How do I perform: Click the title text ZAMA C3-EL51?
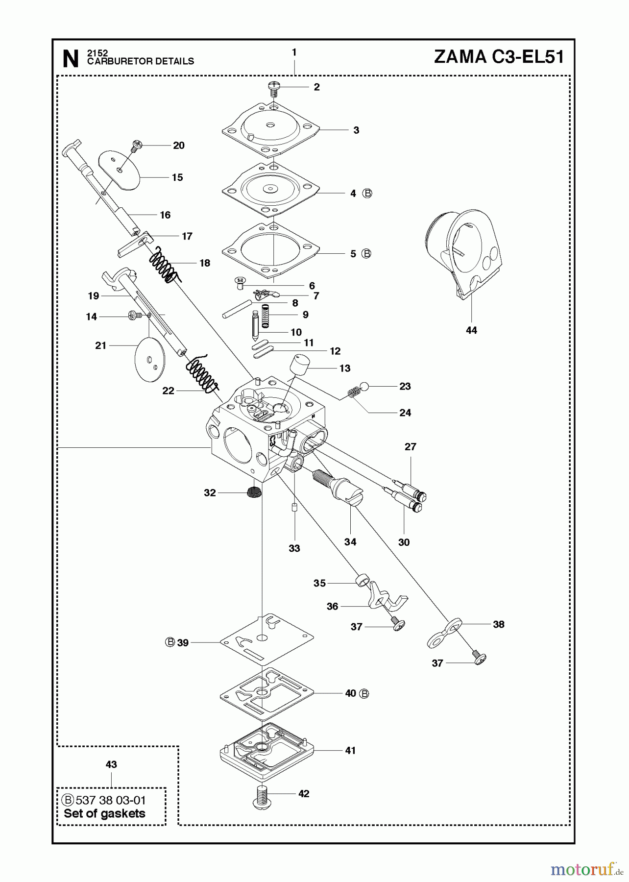coord(499,57)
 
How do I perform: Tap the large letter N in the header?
coord(71,59)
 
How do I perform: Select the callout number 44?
coord(471,331)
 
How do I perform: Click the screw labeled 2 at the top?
coord(274,89)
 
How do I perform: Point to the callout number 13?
coord(345,368)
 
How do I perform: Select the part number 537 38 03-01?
coord(110,800)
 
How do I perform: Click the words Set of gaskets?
coord(104,813)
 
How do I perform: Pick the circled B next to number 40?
coord(364,693)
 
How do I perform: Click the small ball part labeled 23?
coord(363,386)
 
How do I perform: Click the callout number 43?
coord(111,764)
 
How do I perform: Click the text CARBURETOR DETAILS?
coord(141,61)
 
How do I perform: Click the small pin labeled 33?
coord(294,508)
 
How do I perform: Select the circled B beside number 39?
coord(170,642)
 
